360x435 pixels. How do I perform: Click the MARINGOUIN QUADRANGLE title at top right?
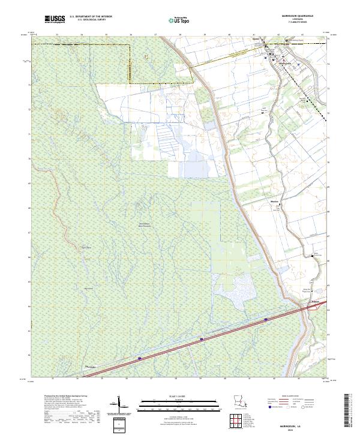[x=304, y=16]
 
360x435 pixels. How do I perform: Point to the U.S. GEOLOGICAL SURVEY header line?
[x=91, y=20]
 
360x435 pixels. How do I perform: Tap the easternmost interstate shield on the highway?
[x=265, y=320]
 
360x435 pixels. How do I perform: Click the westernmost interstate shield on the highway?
[x=140, y=358]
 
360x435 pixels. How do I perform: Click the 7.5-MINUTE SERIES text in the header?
[x=304, y=23]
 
